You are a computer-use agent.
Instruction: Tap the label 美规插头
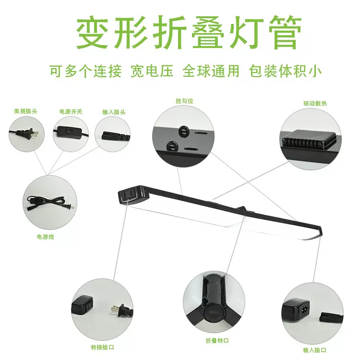point(26,111)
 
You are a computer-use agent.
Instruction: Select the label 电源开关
point(71,111)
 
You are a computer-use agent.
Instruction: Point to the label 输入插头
point(114,111)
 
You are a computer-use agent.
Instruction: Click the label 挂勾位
point(184,101)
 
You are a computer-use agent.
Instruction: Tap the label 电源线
point(46,237)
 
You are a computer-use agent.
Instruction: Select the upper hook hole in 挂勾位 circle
point(183,130)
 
